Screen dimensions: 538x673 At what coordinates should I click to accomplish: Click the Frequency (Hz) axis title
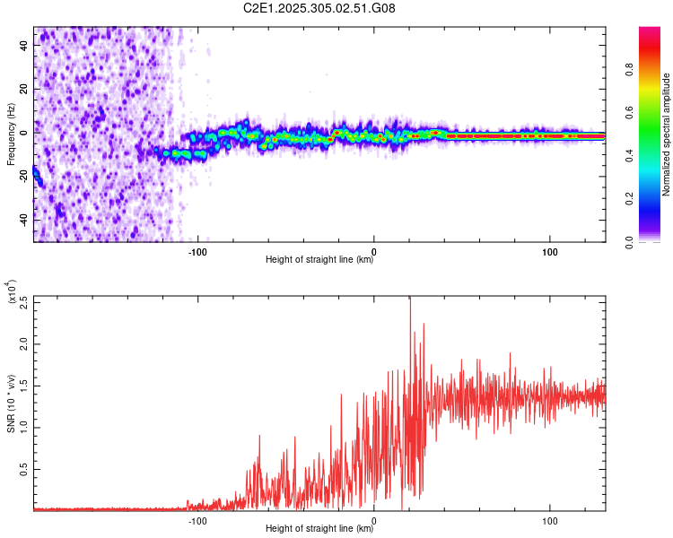point(10,134)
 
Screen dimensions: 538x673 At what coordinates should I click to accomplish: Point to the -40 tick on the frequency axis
point(22,220)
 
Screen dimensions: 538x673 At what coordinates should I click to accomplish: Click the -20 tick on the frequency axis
point(22,176)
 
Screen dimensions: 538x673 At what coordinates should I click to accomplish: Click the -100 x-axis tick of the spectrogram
point(198,250)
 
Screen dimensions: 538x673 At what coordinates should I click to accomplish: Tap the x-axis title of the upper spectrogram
point(319,261)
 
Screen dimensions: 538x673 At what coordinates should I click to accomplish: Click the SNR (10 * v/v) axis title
point(10,403)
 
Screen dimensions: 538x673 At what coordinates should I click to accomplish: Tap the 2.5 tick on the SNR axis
point(22,303)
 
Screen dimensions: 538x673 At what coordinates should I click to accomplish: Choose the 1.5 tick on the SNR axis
point(22,386)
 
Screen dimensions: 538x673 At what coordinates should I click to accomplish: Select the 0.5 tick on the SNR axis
point(22,468)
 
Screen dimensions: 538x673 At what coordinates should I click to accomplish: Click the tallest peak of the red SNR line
point(410,299)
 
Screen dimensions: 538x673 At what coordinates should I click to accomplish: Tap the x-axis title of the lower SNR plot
point(319,529)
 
